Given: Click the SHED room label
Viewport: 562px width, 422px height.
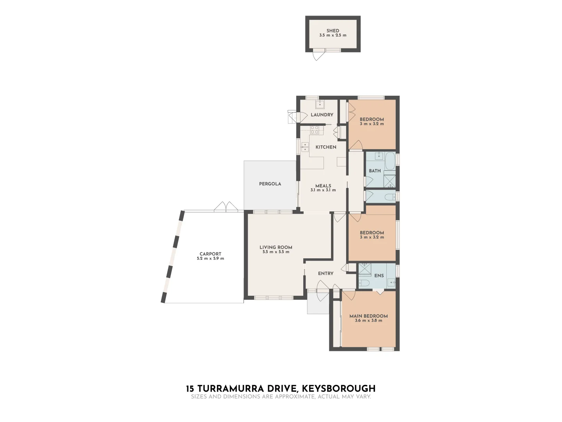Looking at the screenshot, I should coord(333,31).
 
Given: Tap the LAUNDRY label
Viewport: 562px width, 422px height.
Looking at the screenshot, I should coord(322,115).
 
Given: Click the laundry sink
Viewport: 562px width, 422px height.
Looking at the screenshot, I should coord(320,104).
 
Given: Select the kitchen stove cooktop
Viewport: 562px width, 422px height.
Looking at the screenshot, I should coord(315,130).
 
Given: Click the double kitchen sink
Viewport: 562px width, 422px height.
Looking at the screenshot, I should coord(304,147).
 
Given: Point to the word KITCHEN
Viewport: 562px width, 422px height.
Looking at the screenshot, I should coord(326,147).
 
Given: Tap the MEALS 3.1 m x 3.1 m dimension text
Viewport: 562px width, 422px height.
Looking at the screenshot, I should coord(323,190).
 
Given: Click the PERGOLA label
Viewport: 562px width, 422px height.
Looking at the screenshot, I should coord(270,184).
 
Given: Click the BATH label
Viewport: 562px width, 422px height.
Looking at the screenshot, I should coord(375,171).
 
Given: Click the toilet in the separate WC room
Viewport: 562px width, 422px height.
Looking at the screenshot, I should coord(390,197).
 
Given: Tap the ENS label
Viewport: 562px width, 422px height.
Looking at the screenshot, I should coord(379,276).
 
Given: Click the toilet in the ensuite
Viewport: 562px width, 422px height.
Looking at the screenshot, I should coord(364,283).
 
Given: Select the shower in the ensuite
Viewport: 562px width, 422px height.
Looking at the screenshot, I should coord(365,269).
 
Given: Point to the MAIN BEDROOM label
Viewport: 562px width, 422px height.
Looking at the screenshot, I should coord(368,316).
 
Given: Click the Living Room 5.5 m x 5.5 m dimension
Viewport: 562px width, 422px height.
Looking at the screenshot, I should coord(276,252).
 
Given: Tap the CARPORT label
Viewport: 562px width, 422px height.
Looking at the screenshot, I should coord(210,254).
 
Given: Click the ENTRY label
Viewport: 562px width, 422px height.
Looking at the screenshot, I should coord(325,274).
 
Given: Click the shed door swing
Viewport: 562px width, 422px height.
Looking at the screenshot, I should coord(318,55).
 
